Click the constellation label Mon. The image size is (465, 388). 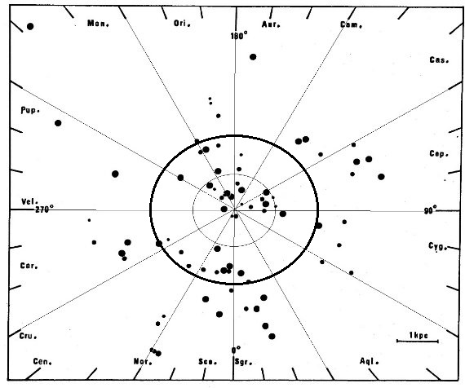pyautogui.click(x=98, y=24)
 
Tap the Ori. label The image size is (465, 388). pyautogui.click(x=182, y=24)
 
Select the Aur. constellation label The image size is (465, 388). pyautogui.click(x=271, y=24)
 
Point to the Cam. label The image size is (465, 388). pyautogui.click(x=351, y=24)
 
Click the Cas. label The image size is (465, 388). pyautogui.click(x=439, y=60)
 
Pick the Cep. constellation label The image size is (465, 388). pyautogui.click(x=439, y=153)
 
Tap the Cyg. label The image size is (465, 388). pyautogui.click(x=438, y=246)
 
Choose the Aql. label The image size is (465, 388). pyautogui.click(x=370, y=361)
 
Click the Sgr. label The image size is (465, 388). pyautogui.click(x=243, y=362)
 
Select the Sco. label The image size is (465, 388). pyautogui.click(x=207, y=362)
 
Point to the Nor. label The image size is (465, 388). pyautogui.click(x=143, y=361)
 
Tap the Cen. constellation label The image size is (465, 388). pyautogui.click(x=42, y=361)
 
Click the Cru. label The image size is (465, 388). pyautogui.click(x=29, y=336)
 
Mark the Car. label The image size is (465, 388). pyautogui.click(x=29, y=266)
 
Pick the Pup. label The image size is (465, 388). pyautogui.click(x=30, y=110)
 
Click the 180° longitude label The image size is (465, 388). pyautogui.click(x=239, y=36)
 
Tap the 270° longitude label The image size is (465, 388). pyautogui.click(x=45, y=209)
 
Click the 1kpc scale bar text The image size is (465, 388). pyautogui.click(x=418, y=335)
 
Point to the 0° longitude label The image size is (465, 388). pyautogui.click(x=236, y=350)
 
